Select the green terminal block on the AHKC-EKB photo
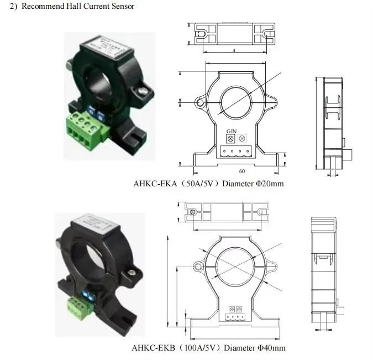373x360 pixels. tap(79, 306)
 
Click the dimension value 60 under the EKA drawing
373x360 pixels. tap(241, 171)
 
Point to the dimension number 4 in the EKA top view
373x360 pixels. tap(234, 50)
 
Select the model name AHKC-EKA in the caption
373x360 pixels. tap(156, 183)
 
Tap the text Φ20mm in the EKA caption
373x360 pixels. tap(270, 183)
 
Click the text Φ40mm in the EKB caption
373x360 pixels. tap(271, 348)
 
